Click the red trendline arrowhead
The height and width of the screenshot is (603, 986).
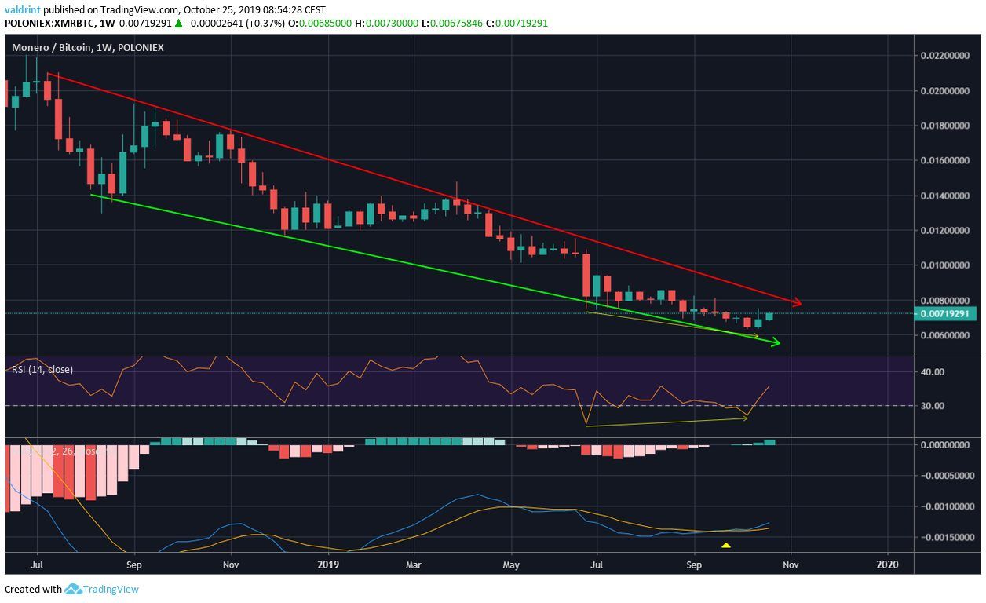click(x=796, y=302)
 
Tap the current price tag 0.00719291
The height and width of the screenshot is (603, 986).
click(x=945, y=314)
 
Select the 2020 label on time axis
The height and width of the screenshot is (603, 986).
click(x=888, y=565)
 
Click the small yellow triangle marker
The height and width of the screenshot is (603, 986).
click(x=726, y=545)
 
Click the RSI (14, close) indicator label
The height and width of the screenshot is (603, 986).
click(x=42, y=370)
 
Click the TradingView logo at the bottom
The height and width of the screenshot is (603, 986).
click(x=102, y=589)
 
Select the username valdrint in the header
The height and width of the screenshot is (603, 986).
click(x=21, y=10)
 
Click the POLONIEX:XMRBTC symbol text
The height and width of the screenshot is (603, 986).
click(x=50, y=23)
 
